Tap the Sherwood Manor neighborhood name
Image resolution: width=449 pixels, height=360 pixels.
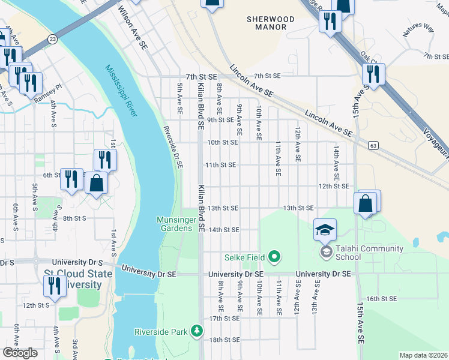tap(271, 23)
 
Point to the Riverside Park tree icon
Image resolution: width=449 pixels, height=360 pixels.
tap(196, 331)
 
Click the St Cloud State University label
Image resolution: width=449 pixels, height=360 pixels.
tap(78, 279)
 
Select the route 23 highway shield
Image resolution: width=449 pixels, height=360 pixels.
tap(53, 38)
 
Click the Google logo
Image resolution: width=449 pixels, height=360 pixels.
tap(20, 353)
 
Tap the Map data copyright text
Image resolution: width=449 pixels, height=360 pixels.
tap(423, 355)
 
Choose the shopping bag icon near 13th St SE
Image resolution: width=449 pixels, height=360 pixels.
tap(366, 204)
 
